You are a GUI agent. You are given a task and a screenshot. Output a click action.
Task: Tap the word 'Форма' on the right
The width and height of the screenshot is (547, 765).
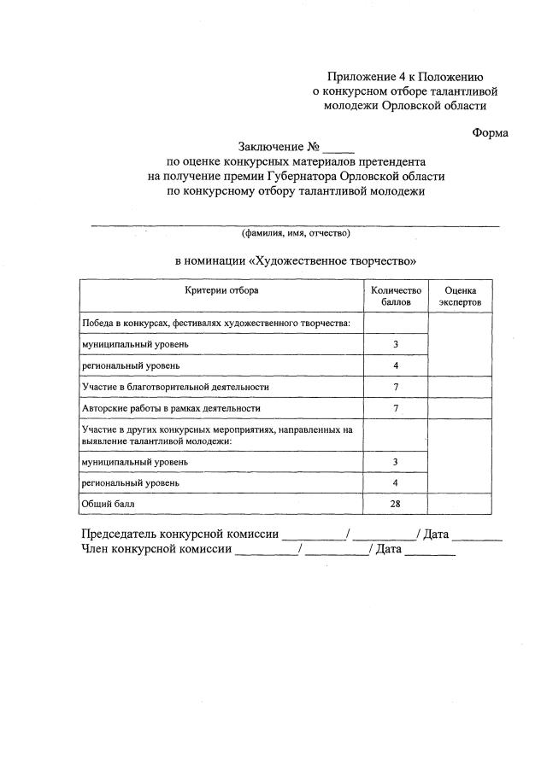[x=490, y=132]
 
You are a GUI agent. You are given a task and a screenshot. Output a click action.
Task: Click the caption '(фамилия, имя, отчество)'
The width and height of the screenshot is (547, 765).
[x=295, y=232]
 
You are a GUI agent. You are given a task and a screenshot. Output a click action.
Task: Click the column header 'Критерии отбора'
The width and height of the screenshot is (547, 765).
[x=221, y=290]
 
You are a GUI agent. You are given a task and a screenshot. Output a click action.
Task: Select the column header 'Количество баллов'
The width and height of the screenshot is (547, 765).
[x=396, y=296]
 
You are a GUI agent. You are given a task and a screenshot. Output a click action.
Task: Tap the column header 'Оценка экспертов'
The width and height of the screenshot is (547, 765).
[x=460, y=296]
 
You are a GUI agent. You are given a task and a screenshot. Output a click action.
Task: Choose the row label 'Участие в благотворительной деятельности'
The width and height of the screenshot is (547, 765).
[x=175, y=387]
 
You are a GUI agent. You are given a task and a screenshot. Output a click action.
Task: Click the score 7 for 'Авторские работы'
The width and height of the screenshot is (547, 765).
[x=396, y=408]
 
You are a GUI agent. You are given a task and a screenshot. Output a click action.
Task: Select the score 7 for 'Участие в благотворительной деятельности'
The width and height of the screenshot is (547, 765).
[x=396, y=387]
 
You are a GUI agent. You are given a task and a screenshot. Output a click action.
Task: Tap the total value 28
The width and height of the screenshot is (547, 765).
[x=396, y=504]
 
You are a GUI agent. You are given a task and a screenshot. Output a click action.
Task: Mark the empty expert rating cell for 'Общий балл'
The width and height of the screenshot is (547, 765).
[x=460, y=504]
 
